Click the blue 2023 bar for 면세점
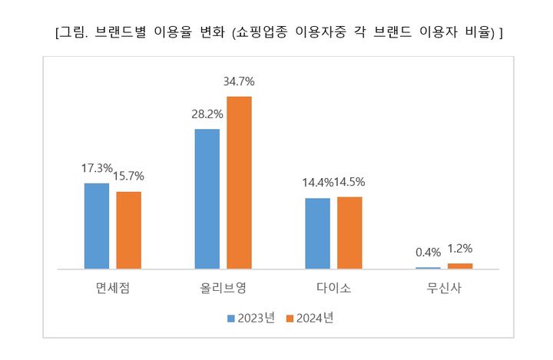pyautogui.click(x=96, y=226)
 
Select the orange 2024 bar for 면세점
pyautogui.click(x=128, y=230)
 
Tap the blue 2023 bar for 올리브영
pyautogui.click(x=207, y=199)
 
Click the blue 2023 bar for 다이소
pyautogui.click(x=317, y=233)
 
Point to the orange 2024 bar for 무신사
pyautogui.click(x=460, y=266)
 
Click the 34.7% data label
pyautogui.click(x=239, y=81)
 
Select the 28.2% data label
pyautogui.click(x=207, y=114)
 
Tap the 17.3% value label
pyautogui.click(x=97, y=168)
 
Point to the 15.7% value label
pyautogui.click(x=129, y=177)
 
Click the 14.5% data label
pyautogui.click(x=350, y=183)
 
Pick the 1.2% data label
pyautogui.click(x=461, y=249)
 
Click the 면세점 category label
pyautogui.click(x=112, y=289)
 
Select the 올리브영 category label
pyautogui.click(x=223, y=289)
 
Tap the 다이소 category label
pyautogui.click(x=333, y=289)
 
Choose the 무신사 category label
pyautogui.click(x=444, y=289)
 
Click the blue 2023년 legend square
pyautogui.click(x=231, y=318)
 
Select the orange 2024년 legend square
pyautogui.click(x=290, y=318)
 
